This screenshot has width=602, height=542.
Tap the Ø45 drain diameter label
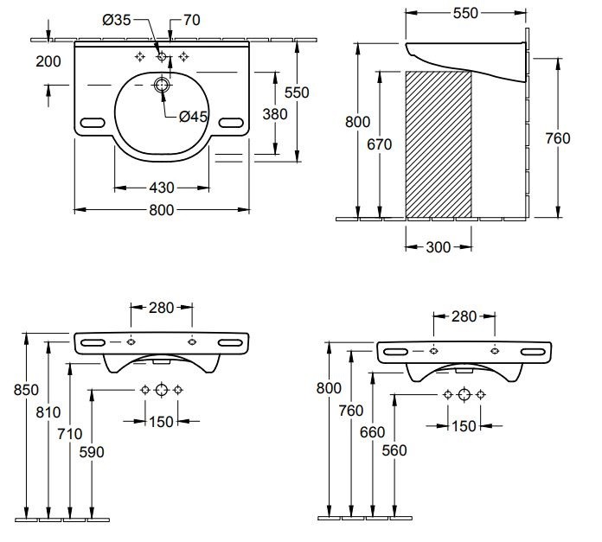[x=193, y=117]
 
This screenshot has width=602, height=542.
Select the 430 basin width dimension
[x=161, y=187]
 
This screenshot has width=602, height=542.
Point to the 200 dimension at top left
[x=49, y=61]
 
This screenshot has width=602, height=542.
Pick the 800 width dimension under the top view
[x=161, y=209]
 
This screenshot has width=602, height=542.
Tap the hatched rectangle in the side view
[x=438, y=143]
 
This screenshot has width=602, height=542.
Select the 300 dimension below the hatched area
[x=439, y=247]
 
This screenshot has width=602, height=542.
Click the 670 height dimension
[x=379, y=143]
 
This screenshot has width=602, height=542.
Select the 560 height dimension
[x=394, y=450]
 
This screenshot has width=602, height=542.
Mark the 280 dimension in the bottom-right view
[x=464, y=316]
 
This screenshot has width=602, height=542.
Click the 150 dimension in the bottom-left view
[x=161, y=421]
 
